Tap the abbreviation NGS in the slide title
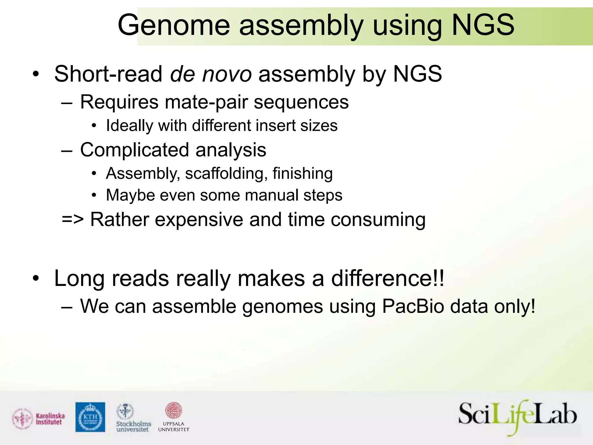click(483, 25)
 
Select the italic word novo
click(227, 74)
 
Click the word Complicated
click(134, 150)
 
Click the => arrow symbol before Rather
click(73, 220)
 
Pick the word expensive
click(199, 220)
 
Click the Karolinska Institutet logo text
click(50, 419)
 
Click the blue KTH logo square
click(90, 417)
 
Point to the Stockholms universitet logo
click(133, 418)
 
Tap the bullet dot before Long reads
click(35, 279)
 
